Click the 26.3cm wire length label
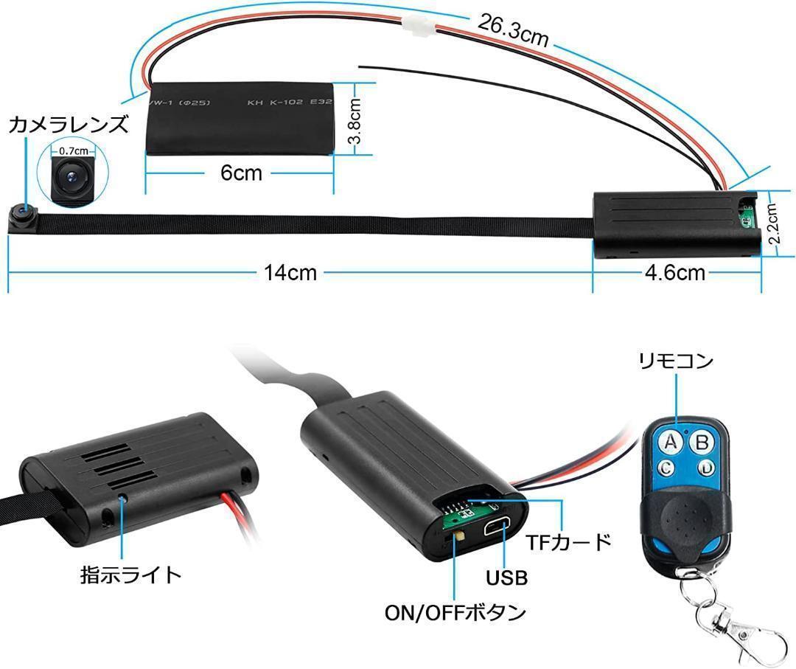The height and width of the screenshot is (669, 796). point(513,30)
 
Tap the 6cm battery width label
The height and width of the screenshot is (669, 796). point(241,173)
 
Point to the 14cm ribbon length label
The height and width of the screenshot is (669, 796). point(290,273)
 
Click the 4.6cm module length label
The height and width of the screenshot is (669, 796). point(674,273)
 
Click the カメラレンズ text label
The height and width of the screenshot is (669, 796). point(68,124)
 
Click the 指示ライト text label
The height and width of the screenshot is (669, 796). point(130,574)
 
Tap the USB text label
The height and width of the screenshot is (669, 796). point(506,578)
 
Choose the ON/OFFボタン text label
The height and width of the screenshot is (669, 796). point(455,612)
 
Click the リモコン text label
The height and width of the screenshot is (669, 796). point(676,361)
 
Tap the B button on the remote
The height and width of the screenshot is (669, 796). point(702,443)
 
